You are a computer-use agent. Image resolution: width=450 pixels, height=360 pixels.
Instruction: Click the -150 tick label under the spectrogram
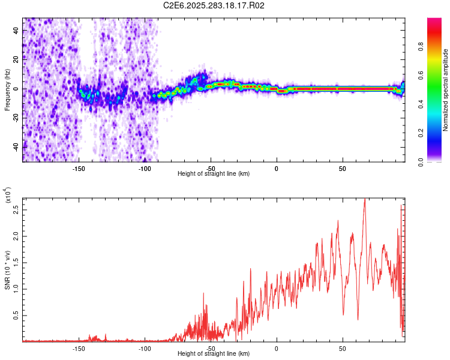(78, 168)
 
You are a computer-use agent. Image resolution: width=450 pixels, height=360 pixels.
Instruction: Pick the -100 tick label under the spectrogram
(144, 168)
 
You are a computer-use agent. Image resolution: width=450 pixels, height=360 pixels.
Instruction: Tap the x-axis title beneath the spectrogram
(214, 174)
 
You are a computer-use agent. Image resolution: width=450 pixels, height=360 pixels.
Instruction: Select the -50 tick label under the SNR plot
(210, 349)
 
